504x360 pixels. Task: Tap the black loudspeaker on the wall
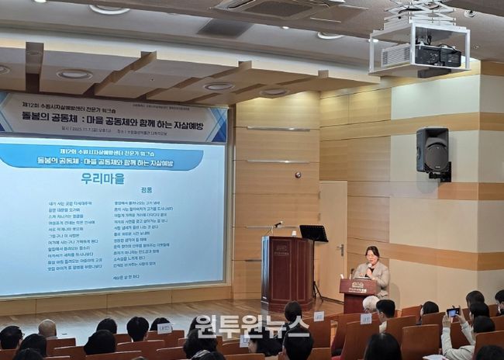coord(432,151)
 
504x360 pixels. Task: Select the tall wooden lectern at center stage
coord(287,271)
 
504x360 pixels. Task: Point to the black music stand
coord(313,234)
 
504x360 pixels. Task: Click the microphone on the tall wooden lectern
coord(276,225)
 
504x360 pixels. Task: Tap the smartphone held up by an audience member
coord(453,312)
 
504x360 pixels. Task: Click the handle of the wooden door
coord(340,249)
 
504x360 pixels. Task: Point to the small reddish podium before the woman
coord(357,294)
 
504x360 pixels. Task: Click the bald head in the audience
coord(47,328)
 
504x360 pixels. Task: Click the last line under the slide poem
coord(126,277)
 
